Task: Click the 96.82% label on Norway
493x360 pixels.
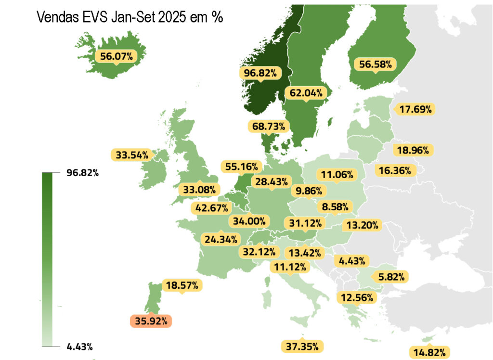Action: pos(260,73)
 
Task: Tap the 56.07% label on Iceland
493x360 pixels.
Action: pos(117,56)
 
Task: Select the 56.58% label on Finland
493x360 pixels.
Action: pos(375,64)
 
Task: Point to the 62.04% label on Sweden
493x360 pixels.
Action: pos(306,93)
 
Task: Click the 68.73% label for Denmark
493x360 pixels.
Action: pos(269,126)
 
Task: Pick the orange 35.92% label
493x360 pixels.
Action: pos(151,321)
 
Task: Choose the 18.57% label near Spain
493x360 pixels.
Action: pos(182,285)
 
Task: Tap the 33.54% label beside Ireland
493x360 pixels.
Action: pos(132,155)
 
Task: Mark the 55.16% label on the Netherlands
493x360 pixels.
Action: pos(242,167)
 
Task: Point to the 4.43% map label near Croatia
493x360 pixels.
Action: pos(352,261)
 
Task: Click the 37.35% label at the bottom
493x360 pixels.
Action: pos(302,346)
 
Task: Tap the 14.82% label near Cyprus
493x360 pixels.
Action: pos(429,351)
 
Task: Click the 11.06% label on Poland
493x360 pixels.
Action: pos(337,174)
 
